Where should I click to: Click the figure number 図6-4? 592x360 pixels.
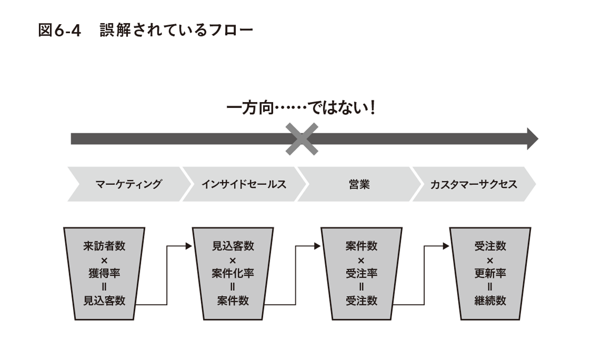[59, 31]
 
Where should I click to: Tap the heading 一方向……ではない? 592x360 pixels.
[301, 109]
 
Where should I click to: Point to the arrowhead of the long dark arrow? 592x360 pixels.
[532, 139]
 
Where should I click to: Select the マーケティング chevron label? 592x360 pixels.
[128, 184]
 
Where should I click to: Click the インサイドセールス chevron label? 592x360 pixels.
[244, 184]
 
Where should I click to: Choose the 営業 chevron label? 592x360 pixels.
[358, 184]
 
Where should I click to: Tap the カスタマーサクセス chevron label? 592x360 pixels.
[474, 184]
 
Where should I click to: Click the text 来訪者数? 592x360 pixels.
[104, 246]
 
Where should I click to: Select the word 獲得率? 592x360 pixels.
[104, 273]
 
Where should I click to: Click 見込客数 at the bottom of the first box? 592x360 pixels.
[104, 301]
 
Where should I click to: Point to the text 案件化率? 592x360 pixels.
[233, 273]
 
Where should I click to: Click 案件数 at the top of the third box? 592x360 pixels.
[361, 246]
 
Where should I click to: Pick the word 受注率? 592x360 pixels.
[361, 273]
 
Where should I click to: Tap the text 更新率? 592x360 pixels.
[490, 273]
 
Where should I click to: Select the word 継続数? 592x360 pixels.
[490, 301]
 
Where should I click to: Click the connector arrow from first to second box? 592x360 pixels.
[167, 273]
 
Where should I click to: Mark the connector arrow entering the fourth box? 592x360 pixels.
[425, 273]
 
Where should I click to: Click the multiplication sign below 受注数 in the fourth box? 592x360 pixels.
[490, 261]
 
